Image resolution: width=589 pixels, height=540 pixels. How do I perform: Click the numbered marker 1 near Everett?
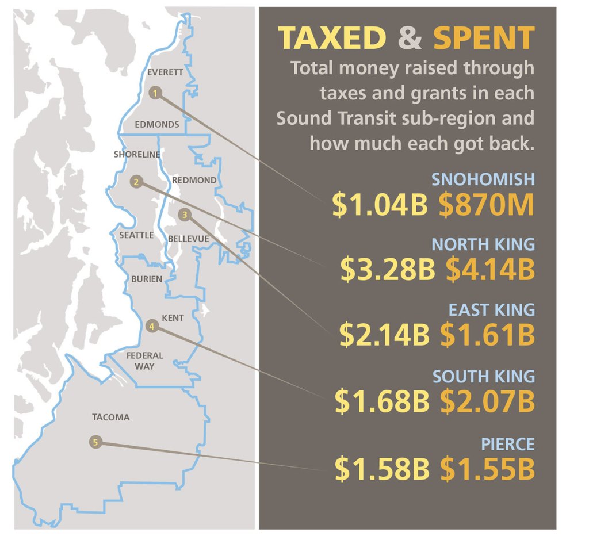(x=155, y=93)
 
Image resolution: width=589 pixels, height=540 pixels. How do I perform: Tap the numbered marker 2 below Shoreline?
(x=136, y=182)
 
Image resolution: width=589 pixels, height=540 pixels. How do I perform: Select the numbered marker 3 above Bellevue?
(x=184, y=215)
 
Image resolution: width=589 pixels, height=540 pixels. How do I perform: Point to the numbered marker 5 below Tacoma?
(x=95, y=442)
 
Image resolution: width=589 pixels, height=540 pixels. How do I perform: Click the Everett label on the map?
(x=165, y=72)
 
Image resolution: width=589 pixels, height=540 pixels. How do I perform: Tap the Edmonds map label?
(x=156, y=124)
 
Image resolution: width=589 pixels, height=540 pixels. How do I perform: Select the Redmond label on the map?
(x=194, y=180)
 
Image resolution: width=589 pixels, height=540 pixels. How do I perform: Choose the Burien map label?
(x=147, y=279)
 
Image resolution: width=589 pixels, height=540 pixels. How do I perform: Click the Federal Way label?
(x=145, y=361)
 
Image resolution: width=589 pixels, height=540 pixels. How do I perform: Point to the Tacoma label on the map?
(x=110, y=417)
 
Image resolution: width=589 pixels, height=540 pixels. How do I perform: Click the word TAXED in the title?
(x=332, y=38)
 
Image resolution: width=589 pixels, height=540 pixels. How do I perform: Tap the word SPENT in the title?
(x=483, y=38)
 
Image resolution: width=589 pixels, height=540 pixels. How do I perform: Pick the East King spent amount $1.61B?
(x=487, y=335)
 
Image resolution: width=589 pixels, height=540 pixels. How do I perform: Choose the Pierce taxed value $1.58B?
(x=382, y=469)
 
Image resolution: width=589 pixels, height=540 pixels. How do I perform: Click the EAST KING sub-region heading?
(x=491, y=310)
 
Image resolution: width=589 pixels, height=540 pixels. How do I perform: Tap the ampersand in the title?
(x=409, y=38)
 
